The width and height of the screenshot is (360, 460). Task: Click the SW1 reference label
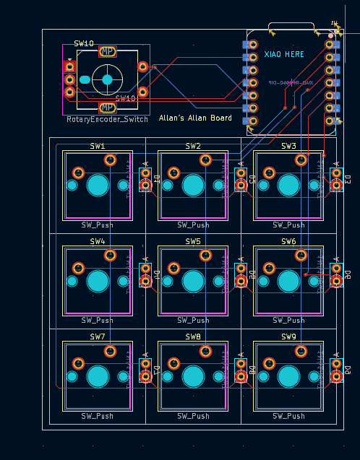(x=98, y=146)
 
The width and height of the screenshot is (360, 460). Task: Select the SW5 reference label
(x=193, y=241)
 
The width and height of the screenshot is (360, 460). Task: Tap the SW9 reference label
(x=288, y=337)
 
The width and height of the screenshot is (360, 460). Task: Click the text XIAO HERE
(x=284, y=54)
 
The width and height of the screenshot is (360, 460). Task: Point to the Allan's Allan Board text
(x=195, y=118)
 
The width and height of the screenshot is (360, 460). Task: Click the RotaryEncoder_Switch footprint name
(x=106, y=119)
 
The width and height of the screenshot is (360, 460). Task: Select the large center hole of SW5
(x=193, y=280)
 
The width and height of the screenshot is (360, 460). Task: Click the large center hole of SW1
(x=98, y=185)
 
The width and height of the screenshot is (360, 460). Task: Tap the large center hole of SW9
(x=288, y=376)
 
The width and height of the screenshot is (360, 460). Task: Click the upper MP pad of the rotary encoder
(x=107, y=51)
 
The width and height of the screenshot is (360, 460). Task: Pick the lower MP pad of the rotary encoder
(x=107, y=107)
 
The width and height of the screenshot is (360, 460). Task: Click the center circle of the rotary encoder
(x=107, y=79)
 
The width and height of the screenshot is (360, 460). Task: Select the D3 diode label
(x=347, y=178)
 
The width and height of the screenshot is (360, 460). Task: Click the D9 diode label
(x=347, y=370)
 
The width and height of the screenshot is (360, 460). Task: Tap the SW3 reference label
(x=288, y=146)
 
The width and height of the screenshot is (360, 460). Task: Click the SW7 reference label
(x=98, y=337)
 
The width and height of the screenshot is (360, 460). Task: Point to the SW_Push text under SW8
(x=193, y=416)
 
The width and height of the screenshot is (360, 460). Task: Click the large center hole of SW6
(x=288, y=280)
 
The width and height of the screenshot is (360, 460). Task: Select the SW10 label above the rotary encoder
(x=84, y=43)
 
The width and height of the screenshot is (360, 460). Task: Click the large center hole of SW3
(x=288, y=185)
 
